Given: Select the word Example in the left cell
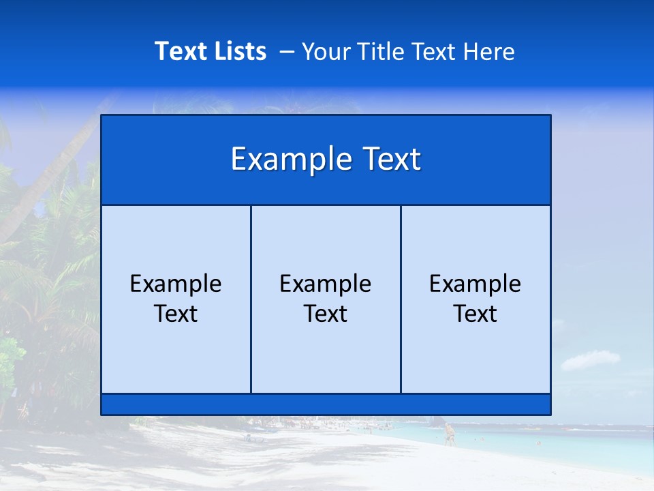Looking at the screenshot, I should click(176, 284).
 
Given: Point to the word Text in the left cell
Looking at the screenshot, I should click(176, 314).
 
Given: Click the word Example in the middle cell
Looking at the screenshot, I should click(326, 284).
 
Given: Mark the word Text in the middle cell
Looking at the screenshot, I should click(326, 314).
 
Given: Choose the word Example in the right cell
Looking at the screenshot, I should click(476, 284).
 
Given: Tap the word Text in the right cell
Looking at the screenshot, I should click(476, 314).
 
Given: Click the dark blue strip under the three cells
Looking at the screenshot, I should click(326, 404).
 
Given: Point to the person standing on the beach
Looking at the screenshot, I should click(449, 434).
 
